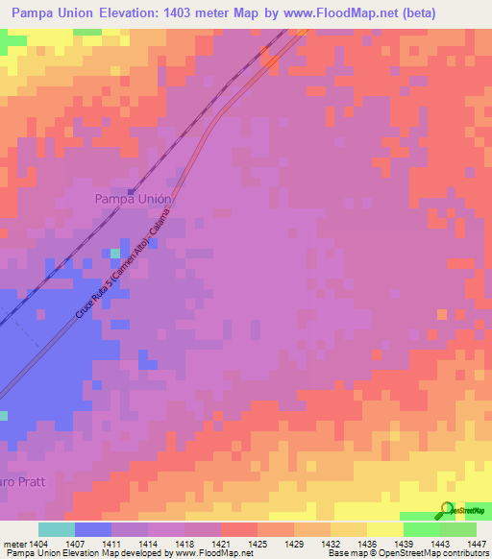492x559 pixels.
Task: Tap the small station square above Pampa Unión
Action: pyautogui.click(x=131, y=189)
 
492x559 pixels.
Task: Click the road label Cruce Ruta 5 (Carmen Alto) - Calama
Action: pyautogui.click(x=124, y=265)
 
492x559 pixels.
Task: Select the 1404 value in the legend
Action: pyautogui.click(x=38, y=544)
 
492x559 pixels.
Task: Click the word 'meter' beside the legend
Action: pyautogui.click(x=13, y=544)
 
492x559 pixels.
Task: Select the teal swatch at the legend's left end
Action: pyautogui.click(x=56, y=530)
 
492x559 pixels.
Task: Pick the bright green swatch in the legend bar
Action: pyautogui.click(x=421, y=530)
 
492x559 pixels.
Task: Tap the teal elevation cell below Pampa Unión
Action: pyautogui.click(x=115, y=254)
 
